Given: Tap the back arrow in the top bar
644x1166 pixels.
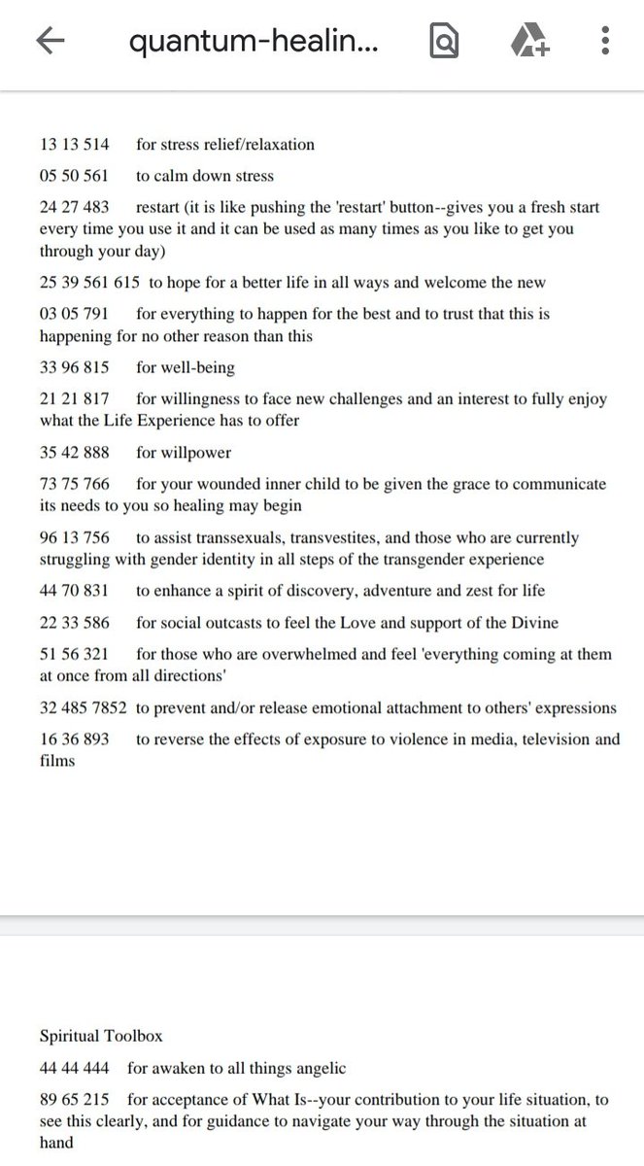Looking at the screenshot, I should point(50,41).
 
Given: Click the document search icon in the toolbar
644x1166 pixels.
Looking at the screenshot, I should point(444,41).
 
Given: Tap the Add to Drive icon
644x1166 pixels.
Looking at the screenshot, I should point(529,41).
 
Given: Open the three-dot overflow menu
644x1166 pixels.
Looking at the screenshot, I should point(604,41).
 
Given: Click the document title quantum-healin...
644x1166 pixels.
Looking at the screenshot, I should point(254,42).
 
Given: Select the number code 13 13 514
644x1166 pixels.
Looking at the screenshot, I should point(75,145).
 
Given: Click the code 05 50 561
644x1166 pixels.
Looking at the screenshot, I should point(75,176).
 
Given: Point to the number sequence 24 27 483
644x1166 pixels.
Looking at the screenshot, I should point(75,208).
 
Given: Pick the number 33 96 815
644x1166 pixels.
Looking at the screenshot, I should point(75,368).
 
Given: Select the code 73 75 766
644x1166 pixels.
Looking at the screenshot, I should point(75,484).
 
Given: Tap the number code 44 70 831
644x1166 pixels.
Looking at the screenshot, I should point(75,591).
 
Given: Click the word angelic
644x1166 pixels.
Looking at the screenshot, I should point(315,1068).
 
